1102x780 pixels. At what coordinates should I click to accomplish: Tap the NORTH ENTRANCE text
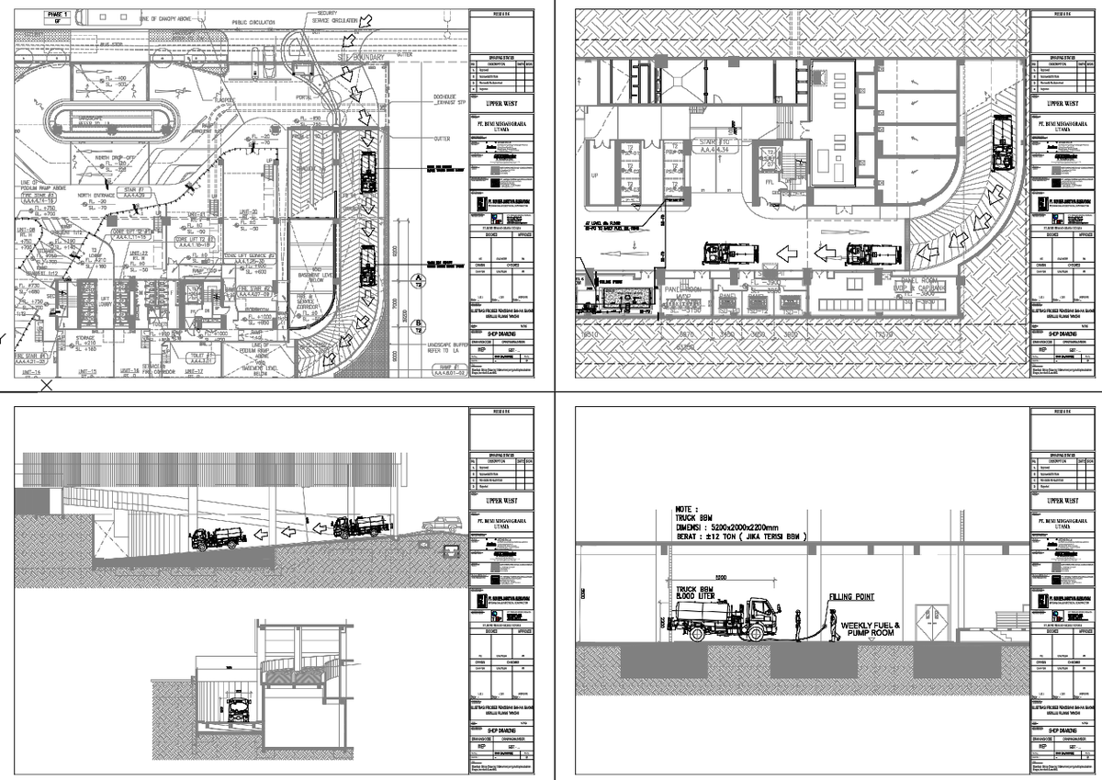pyautogui.click(x=98, y=195)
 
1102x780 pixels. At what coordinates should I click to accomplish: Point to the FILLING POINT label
pyautogui.click(x=850, y=597)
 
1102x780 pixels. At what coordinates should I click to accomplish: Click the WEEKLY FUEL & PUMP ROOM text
pyautogui.click(x=871, y=629)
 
